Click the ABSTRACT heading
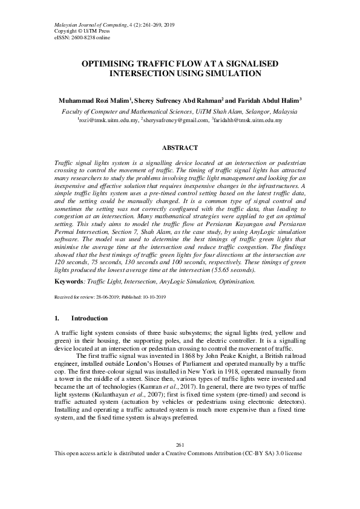point(180,147)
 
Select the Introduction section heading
point(90,319)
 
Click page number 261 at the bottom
point(180,479)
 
